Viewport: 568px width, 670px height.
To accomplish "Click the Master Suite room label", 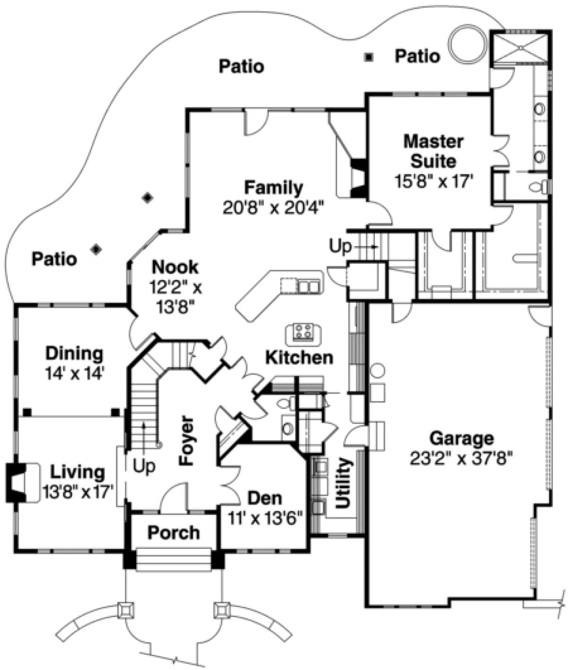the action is coord(433,151).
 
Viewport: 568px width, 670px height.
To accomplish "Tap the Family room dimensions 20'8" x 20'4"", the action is coord(273,207).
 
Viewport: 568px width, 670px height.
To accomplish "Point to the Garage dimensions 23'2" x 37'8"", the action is coord(461,458).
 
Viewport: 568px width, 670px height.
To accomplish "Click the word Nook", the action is coord(175,267).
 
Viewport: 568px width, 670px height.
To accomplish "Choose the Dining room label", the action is coord(74,353).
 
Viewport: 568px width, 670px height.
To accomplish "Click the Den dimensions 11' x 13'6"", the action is coord(265,518).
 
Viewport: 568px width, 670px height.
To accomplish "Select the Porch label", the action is coord(173,532).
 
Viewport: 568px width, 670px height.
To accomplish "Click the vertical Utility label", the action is coord(342,483).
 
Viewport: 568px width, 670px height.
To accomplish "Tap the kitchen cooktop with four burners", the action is coord(304,333).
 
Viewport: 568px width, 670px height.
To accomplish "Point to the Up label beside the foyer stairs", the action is coord(144,466).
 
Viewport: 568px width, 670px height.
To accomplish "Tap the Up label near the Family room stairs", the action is coord(340,246).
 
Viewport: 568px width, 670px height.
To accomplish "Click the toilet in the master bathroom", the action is coord(538,187).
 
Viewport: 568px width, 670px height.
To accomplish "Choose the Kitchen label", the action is coord(299,358).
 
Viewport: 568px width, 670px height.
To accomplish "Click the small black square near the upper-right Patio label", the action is coord(369,57).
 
